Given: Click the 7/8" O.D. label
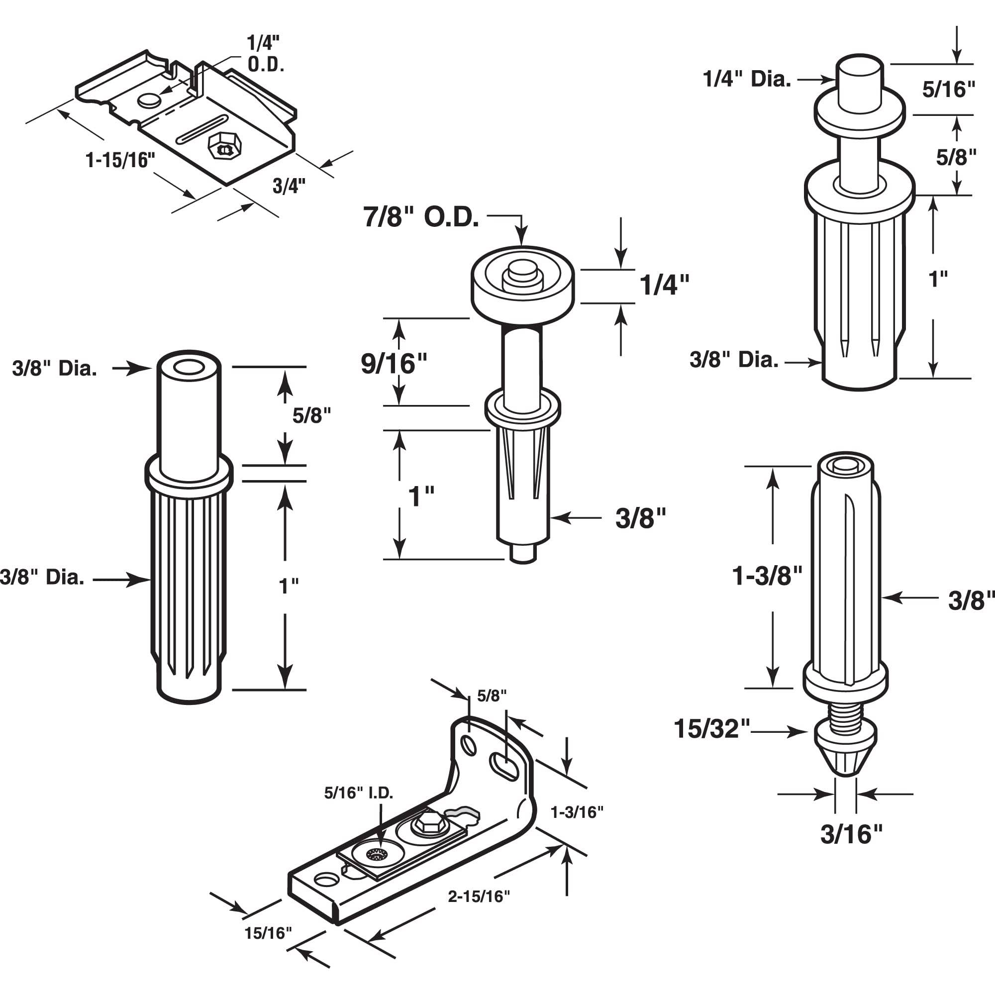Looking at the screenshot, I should pyautogui.click(x=421, y=218).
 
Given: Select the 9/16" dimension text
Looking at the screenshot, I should pyautogui.click(x=394, y=364).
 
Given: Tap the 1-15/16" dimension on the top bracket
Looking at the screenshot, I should pyautogui.click(x=120, y=161).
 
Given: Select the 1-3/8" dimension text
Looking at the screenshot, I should pyautogui.click(x=767, y=576).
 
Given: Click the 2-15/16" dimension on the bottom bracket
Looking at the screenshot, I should pyautogui.click(x=479, y=896).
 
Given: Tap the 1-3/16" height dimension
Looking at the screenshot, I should pyautogui.click(x=577, y=812).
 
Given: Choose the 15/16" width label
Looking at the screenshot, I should pyautogui.click(x=268, y=933).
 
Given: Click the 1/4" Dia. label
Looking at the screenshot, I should pyautogui.click(x=746, y=79).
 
